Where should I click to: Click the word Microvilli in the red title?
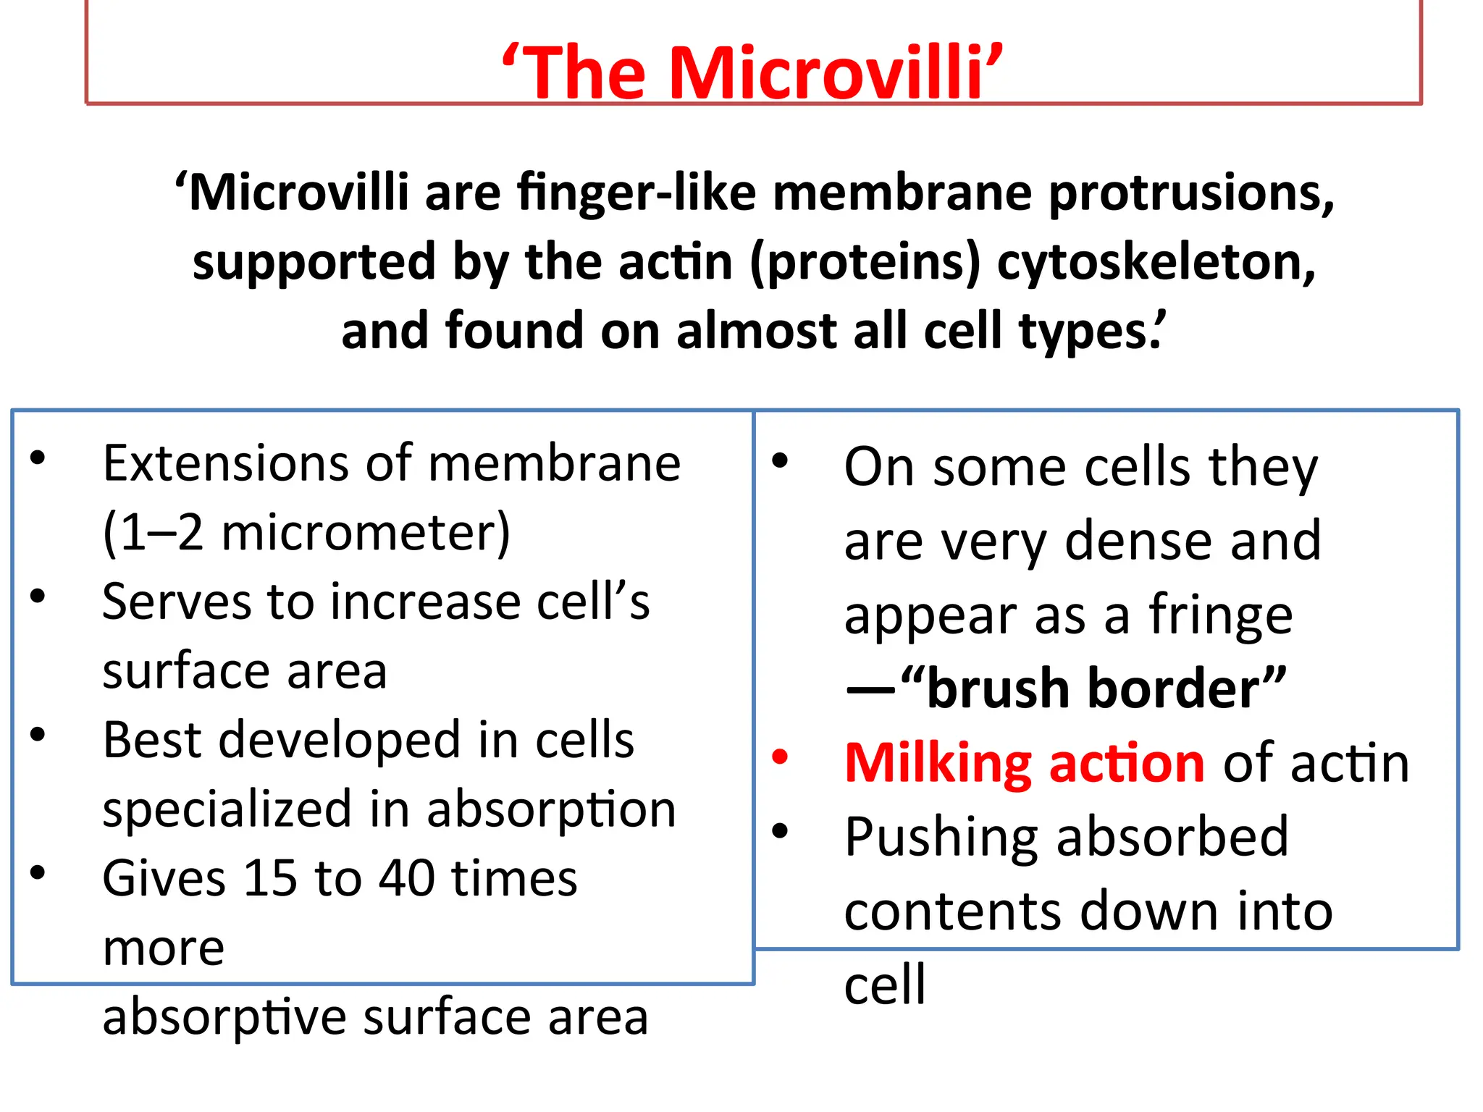coord(825,73)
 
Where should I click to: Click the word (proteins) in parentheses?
coord(865,262)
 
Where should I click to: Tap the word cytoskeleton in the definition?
coord(1156,262)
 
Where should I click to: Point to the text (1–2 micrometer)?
coord(306,533)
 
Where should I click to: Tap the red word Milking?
coord(938,764)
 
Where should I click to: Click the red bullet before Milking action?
coord(780,757)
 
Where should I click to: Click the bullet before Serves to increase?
coord(38,596)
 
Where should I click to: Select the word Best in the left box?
coord(151,741)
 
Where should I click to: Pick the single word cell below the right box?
coord(885,985)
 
